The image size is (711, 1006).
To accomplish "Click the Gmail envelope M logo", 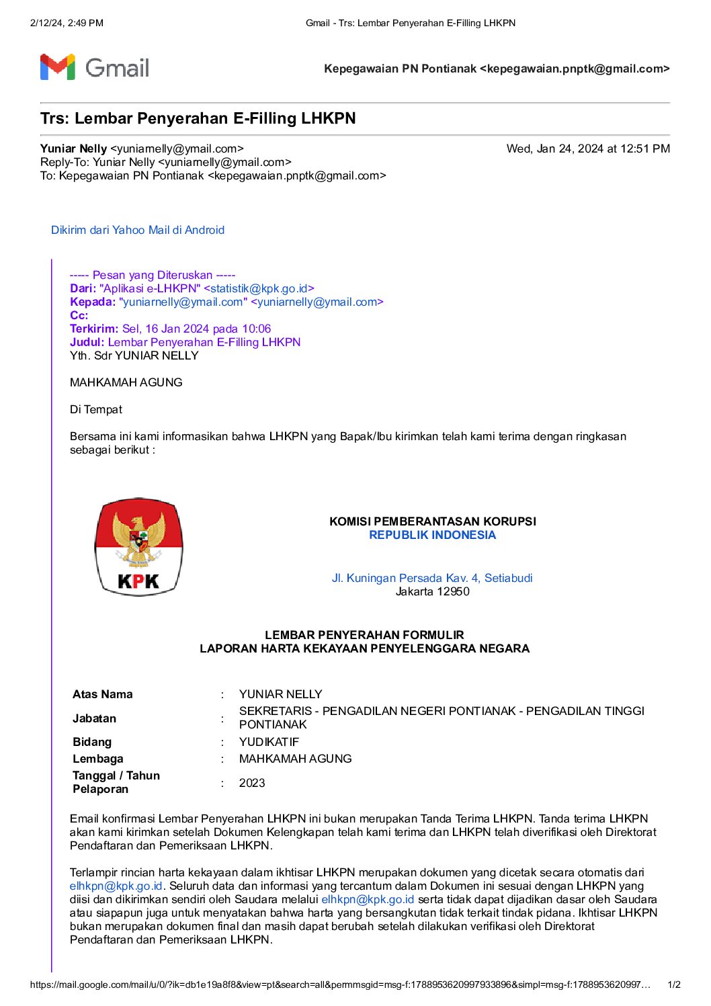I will point(57,67).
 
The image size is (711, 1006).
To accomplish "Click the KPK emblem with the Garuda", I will point(138,547).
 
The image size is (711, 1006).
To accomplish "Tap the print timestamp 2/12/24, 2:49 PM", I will point(67,23).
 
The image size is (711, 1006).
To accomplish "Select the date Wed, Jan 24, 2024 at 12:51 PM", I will point(588,149).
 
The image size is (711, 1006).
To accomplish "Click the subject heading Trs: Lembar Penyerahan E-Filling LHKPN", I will point(198,118).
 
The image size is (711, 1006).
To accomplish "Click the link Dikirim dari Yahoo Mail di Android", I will point(138,230).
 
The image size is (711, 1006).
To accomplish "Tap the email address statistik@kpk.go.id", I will point(259,288).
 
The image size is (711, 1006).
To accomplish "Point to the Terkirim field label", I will point(93,329).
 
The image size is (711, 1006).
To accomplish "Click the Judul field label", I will point(87,342).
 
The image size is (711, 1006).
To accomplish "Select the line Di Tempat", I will point(96,409).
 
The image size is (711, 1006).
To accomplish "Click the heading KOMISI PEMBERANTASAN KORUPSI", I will point(433,521).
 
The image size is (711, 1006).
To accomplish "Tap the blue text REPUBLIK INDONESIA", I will point(433,535).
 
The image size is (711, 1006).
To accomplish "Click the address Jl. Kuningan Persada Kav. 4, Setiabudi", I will point(432,578).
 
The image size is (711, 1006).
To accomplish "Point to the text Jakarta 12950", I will point(432,591).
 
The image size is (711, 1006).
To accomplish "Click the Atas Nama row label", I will point(103,694).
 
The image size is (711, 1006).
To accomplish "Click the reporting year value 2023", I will point(252,783).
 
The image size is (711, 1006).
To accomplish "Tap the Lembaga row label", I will point(98,759).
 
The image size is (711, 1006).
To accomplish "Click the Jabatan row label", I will point(95,718).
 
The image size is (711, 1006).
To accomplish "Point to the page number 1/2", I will point(673,984).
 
